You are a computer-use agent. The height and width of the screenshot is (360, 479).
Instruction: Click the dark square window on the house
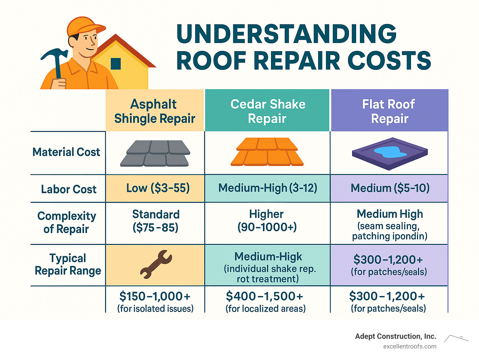point(116,64)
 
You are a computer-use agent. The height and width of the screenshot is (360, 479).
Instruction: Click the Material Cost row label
point(66,152)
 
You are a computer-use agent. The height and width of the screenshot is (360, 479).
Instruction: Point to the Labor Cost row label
point(69,189)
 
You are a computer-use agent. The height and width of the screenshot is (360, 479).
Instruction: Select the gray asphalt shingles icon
point(155,153)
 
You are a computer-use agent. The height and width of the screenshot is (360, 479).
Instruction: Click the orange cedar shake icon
point(267,152)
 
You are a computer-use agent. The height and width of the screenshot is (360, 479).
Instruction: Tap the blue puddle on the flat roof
point(390,152)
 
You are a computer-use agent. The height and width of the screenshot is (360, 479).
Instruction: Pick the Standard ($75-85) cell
point(156,221)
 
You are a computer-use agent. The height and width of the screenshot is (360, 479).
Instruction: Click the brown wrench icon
point(156,264)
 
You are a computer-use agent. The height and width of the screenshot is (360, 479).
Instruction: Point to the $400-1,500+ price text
point(264,296)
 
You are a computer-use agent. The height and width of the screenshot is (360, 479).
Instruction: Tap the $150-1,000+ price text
point(155,296)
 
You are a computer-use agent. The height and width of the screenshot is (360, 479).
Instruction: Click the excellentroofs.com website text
point(409,347)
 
